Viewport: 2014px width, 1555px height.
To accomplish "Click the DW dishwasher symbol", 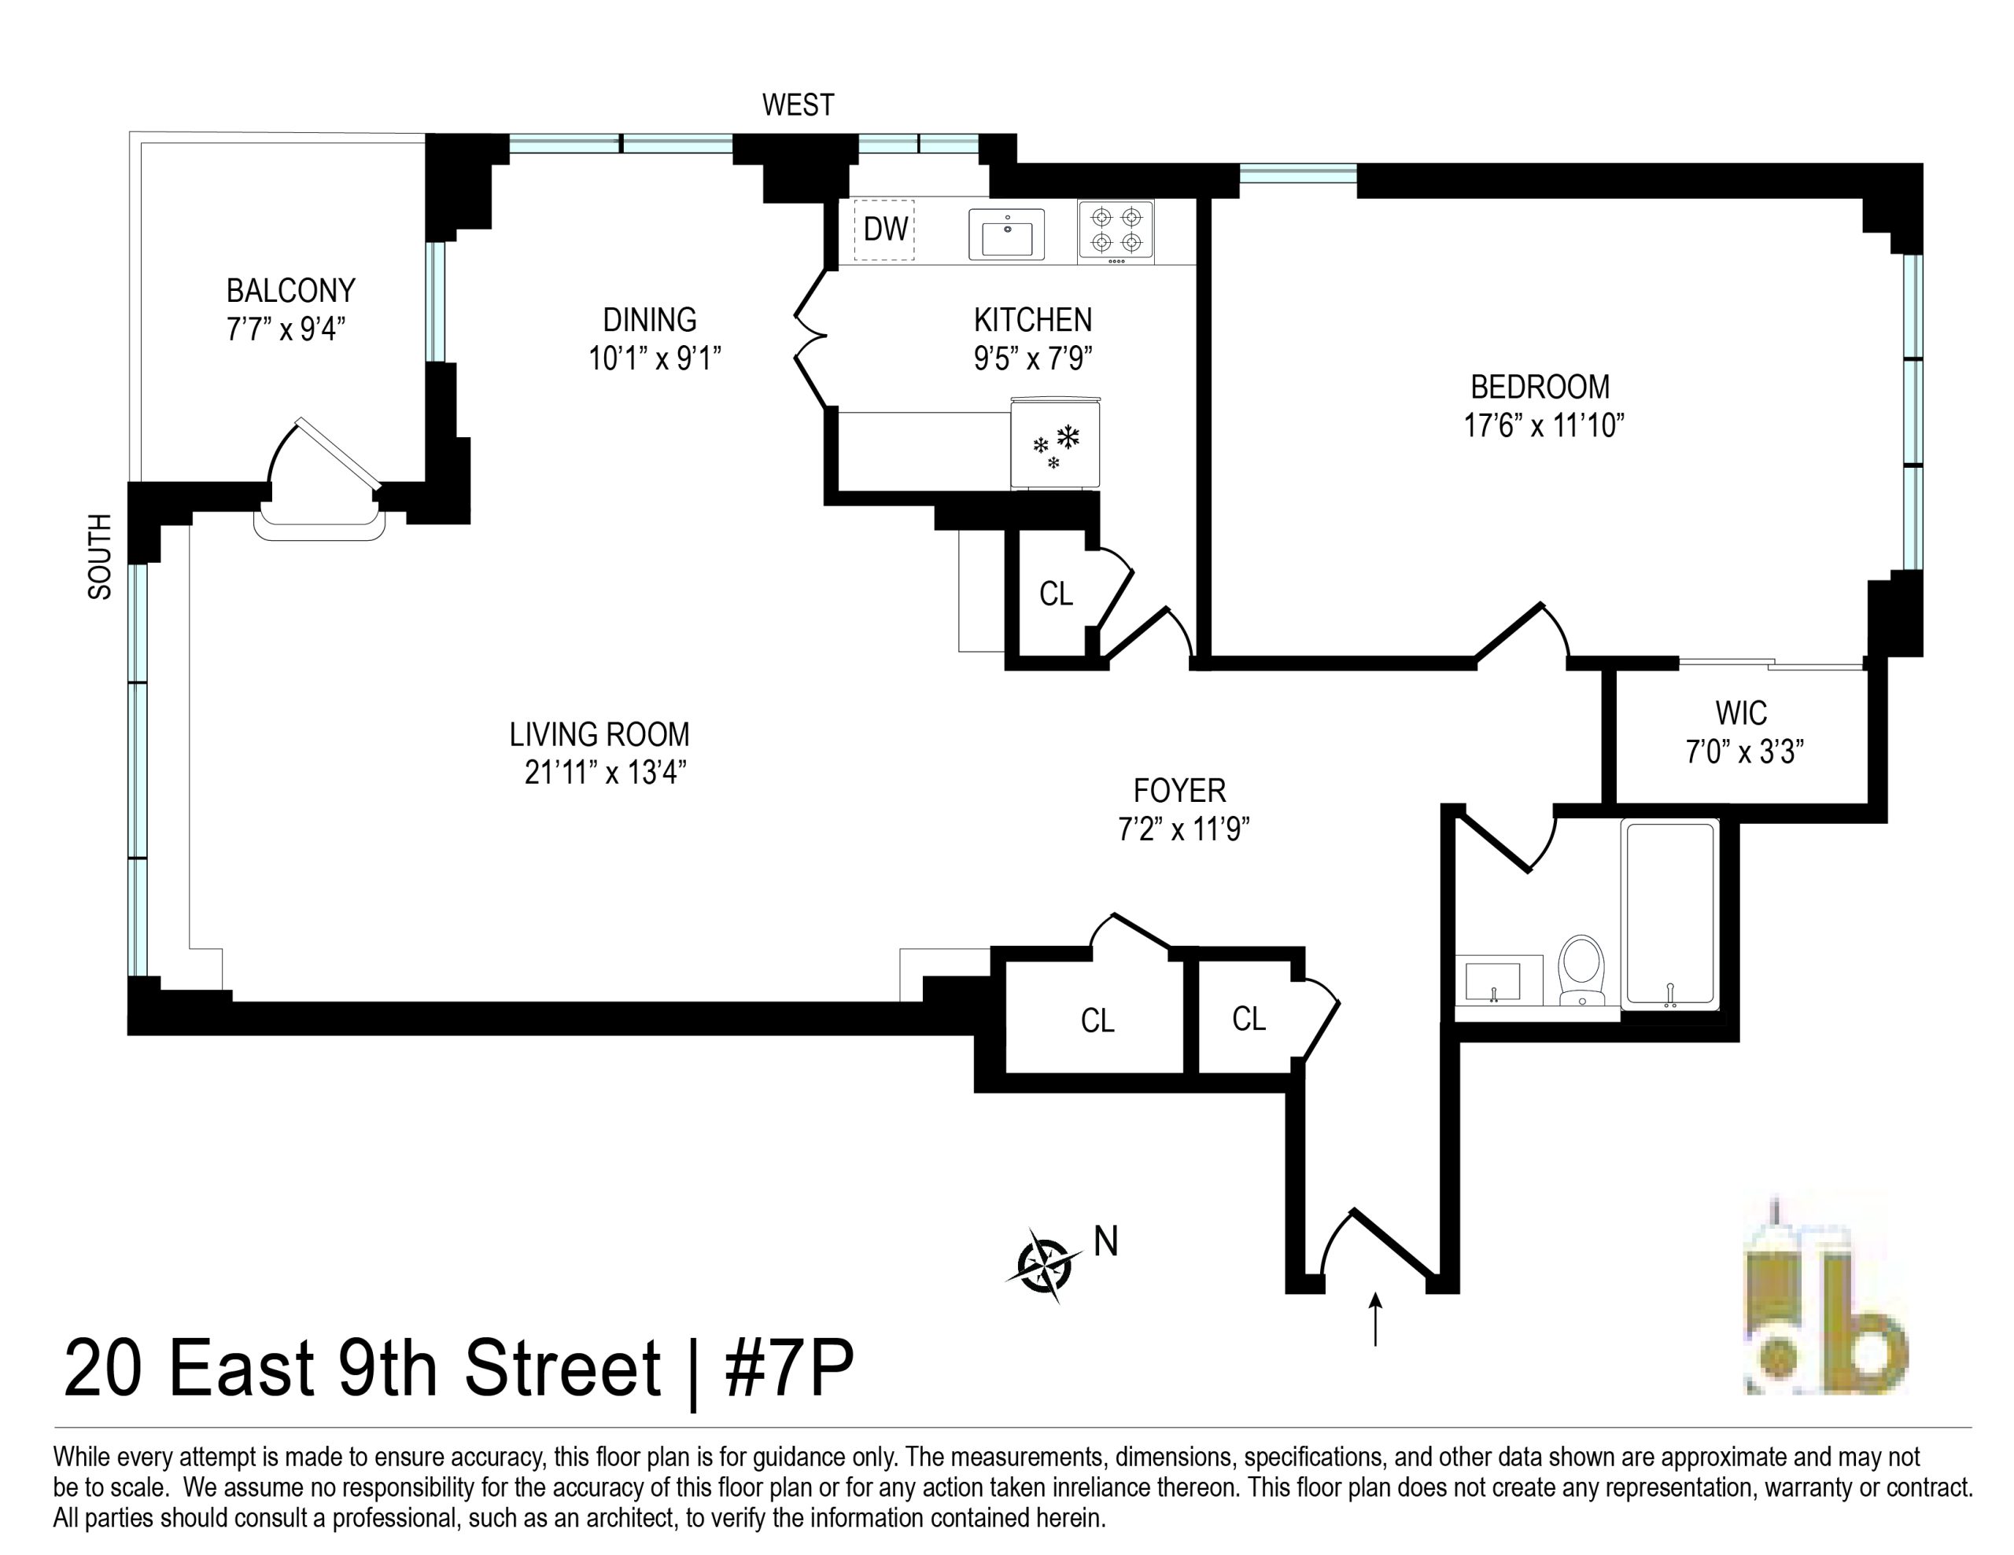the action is pos(884,230).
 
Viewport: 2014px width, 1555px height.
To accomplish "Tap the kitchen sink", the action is pos(1006,234).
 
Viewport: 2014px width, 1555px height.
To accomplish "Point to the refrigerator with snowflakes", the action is pos(1056,443).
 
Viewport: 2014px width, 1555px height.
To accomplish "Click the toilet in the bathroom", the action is pos(1581,969).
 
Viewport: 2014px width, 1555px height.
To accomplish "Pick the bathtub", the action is pos(1670,914).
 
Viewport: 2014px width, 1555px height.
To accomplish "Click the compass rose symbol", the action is pos(1044,1265).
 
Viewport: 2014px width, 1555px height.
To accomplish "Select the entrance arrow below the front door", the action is pos(1375,1319).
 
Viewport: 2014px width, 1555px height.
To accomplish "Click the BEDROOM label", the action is pos(1540,387).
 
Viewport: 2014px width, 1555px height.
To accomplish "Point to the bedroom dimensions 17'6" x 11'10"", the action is pos(1544,426).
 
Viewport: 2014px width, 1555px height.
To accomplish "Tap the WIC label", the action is pos(1741,714).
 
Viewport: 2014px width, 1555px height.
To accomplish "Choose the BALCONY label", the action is pos(290,292).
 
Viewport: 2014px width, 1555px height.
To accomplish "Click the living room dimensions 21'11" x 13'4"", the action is pos(605,773).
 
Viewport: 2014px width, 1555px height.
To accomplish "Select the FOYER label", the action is pos(1179,791).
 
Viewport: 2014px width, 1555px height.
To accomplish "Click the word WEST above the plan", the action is pos(798,105).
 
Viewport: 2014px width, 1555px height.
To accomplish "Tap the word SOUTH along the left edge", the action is pos(100,557).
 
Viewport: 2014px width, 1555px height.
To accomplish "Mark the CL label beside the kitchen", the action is pos(1056,594).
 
